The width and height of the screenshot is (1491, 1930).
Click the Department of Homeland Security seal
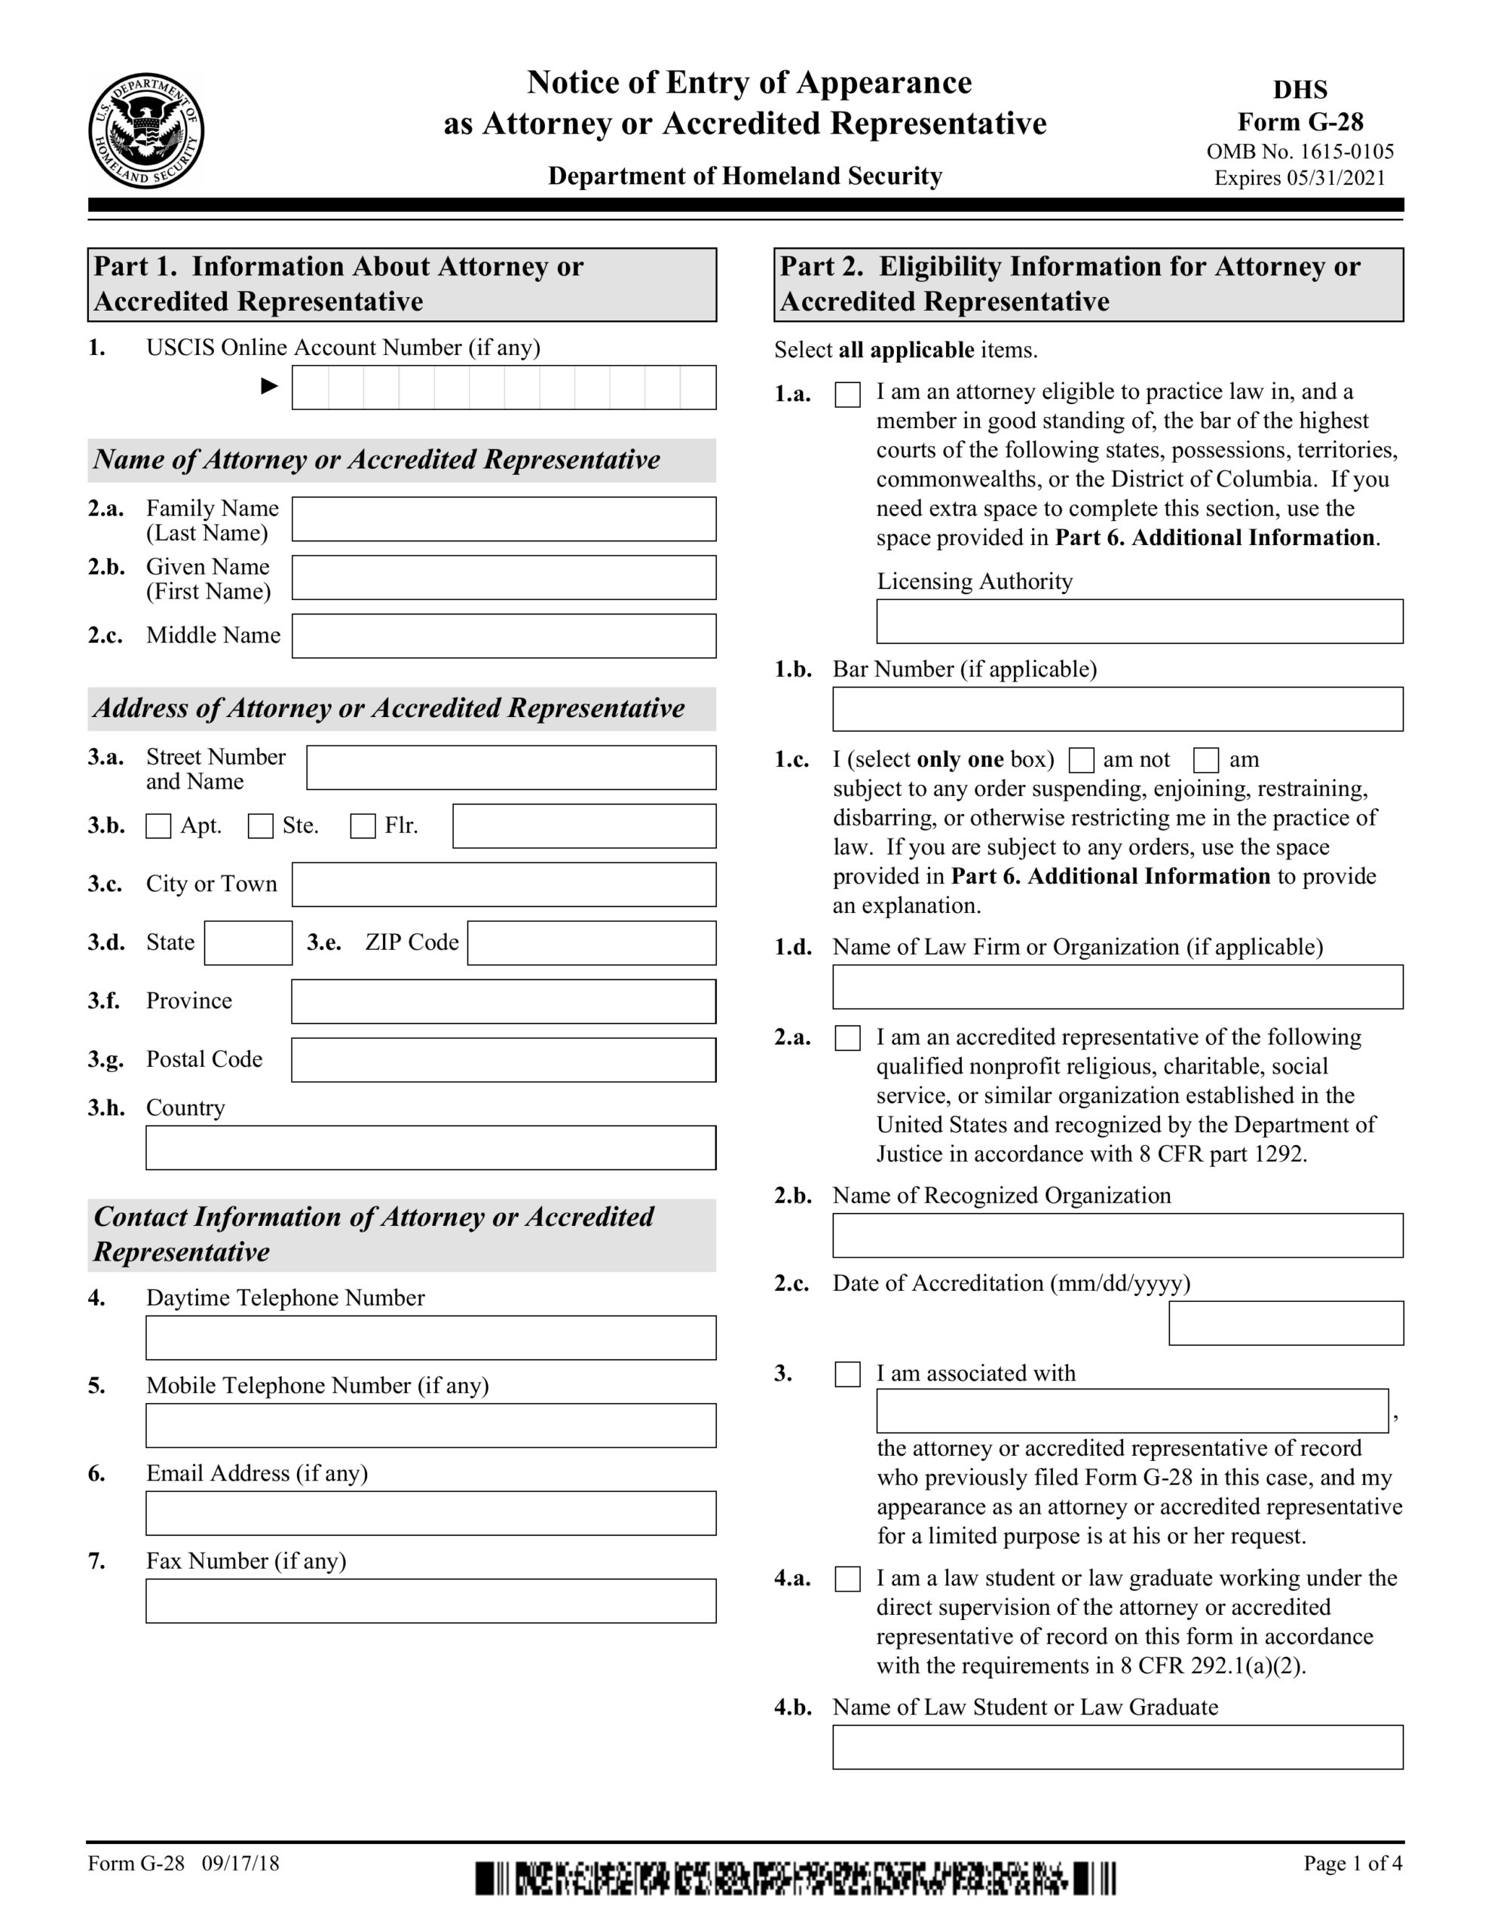point(145,130)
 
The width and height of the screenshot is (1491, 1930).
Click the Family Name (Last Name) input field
point(504,519)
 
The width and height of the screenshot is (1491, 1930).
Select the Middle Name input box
point(504,636)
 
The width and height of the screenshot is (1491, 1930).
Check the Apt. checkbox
point(158,826)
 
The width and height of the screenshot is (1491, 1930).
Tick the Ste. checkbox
point(261,826)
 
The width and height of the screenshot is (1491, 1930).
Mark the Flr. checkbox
point(363,826)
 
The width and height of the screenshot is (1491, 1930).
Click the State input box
point(248,943)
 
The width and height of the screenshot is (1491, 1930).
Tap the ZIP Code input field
point(591,943)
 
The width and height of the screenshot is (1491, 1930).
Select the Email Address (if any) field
point(430,1513)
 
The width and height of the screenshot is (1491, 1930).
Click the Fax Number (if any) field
point(430,1601)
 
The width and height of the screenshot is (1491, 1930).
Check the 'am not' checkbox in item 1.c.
point(1082,760)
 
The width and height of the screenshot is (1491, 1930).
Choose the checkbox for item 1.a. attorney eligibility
point(847,394)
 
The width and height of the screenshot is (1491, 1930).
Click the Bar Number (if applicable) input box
point(1117,709)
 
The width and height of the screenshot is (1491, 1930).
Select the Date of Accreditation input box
point(1285,1323)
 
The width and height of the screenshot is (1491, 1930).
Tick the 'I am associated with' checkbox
point(847,1374)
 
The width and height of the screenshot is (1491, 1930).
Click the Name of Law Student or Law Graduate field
point(1117,1747)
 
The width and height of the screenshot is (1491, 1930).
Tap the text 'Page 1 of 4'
point(1352,1864)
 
